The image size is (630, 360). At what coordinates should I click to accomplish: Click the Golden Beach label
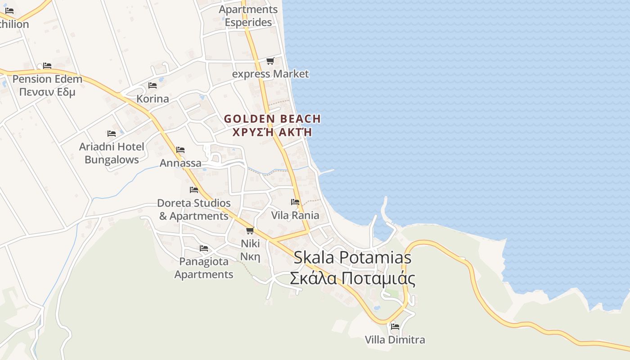pos(272,119)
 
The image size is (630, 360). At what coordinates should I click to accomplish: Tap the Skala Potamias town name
pos(352,257)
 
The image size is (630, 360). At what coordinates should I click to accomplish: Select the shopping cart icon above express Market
pos(270,61)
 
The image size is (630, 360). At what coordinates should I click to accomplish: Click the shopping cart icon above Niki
pos(250,230)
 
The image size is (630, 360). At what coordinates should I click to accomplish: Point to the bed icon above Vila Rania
pos(295,202)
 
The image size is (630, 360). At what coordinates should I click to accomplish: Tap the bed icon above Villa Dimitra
pos(395,326)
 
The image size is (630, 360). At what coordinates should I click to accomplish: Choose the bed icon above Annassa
pos(180,149)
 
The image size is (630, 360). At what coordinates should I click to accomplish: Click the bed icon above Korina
pos(153,85)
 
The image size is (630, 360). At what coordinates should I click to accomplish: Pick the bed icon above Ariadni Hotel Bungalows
pos(112,133)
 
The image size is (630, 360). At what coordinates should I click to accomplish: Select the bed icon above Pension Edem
pos(47,66)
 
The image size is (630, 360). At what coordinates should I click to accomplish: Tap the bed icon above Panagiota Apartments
pos(204,248)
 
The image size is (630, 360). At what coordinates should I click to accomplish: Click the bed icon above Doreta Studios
pos(194,189)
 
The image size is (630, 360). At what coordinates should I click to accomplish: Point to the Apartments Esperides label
pos(248,16)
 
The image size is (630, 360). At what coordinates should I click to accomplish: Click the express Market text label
pos(270,74)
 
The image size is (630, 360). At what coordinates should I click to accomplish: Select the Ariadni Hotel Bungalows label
pos(112,153)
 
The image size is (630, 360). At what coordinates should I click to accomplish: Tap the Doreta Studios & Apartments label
pos(194,210)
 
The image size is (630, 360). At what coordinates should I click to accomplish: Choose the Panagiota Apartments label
pos(204,268)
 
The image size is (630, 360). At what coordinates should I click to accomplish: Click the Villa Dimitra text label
pos(395,340)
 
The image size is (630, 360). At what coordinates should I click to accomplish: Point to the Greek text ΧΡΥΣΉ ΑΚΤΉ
pos(272,132)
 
